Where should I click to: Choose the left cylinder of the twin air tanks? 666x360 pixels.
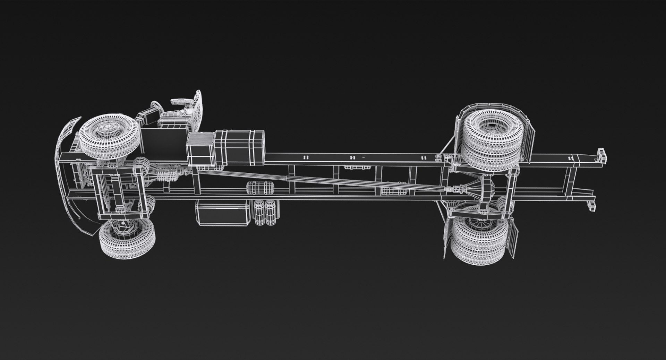point(258,213)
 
